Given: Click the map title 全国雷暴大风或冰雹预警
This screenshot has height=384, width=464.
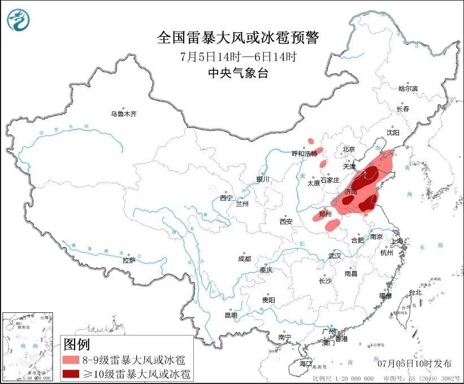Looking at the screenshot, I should click(238, 38).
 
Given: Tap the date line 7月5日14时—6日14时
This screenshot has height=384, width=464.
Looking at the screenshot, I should click(238, 57).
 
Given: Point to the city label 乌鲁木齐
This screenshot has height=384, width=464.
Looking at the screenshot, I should click(124, 114).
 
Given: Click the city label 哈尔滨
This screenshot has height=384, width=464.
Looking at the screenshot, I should click(407, 89).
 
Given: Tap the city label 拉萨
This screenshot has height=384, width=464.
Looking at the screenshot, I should click(129, 260).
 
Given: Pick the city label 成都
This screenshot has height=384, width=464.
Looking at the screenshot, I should click(245, 259).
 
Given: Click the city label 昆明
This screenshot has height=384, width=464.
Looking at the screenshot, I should click(231, 315).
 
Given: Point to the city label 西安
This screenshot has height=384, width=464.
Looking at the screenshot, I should click(286, 222).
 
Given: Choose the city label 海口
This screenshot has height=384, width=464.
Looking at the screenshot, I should click(306, 363).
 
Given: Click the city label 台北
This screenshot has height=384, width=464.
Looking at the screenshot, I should click(415, 292).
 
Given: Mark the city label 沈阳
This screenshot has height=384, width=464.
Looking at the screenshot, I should click(392, 132).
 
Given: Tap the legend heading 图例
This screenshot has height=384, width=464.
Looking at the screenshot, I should click(77, 344).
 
